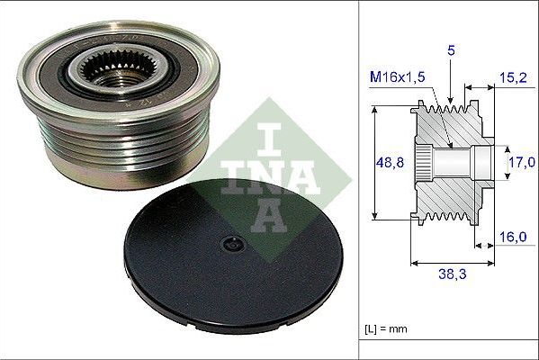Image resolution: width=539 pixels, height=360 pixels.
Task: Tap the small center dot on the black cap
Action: point(231,244)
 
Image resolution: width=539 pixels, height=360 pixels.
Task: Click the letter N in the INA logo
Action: point(269,167)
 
